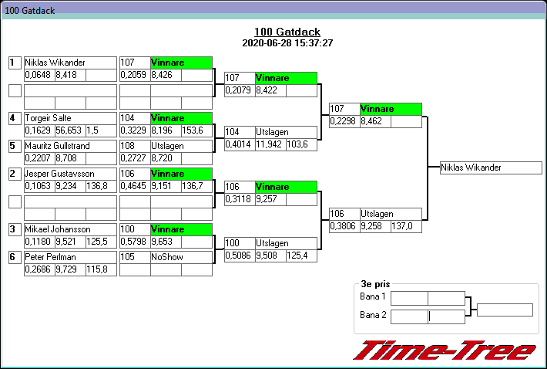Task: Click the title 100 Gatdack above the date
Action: click(x=287, y=32)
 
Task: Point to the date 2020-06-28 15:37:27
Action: click(x=287, y=43)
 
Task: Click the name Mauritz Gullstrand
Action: click(x=57, y=146)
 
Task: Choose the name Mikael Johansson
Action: click(x=57, y=229)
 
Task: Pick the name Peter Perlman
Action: click(x=48, y=257)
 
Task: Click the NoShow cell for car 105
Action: click(x=166, y=257)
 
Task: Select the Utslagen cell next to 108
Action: click(x=166, y=146)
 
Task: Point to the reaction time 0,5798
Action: click(x=134, y=242)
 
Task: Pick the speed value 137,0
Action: click(x=401, y=226)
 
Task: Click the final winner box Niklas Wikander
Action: click(x=490, y=168)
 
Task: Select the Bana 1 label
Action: click(x=373, y=297)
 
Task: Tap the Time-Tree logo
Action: click(x=445, y=350)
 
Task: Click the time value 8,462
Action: click(x=374, y=121)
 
